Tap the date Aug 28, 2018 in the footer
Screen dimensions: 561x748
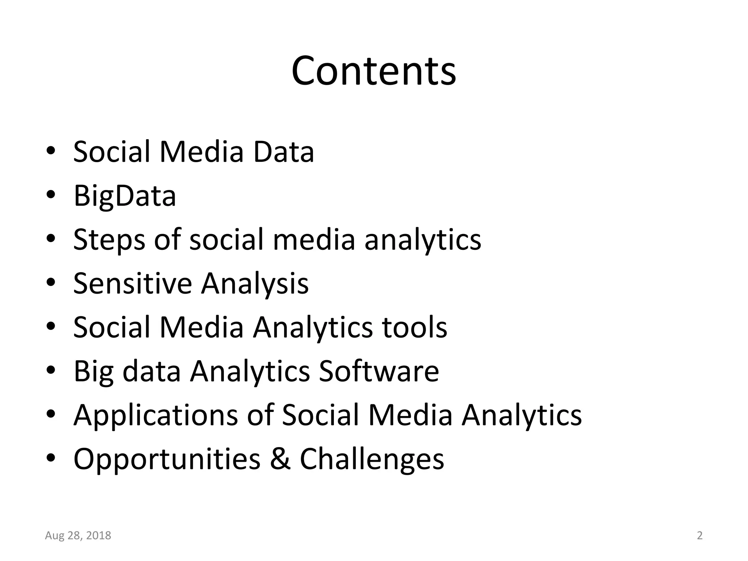tap(78, 535)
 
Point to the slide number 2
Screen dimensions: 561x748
tap(700, 535)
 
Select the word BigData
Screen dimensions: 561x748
tap(125, 196)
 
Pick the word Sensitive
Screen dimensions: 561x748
tap(132, 283)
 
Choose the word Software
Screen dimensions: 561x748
tap(379, 371)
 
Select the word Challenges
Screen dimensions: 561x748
tap(372, 459)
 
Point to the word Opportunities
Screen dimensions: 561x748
tap(167, 459)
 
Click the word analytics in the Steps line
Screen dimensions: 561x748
tap(423, 240)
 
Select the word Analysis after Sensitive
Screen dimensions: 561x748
tap(255, 283)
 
